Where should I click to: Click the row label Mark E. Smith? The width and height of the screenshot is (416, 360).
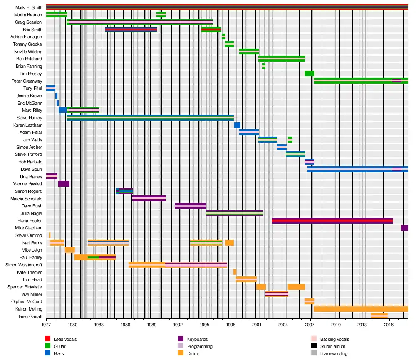coord(29,7)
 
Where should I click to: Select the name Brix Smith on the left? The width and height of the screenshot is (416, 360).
coord(32,30)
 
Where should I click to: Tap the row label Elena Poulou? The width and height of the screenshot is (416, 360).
coord(30,221)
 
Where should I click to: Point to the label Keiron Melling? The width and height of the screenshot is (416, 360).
coord(29,309)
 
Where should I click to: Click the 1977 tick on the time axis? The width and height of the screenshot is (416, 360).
coord(46,324)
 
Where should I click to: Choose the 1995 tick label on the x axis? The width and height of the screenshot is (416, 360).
coord(205,324)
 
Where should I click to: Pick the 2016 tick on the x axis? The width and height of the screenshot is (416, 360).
coord(389,324)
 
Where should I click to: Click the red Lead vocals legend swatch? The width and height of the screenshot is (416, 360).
coord(48,340)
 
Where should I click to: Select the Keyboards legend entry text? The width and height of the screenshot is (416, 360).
coord(197,340)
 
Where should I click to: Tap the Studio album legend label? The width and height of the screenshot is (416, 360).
coord(333,346)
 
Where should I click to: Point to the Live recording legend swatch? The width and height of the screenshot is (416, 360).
coord(314,353)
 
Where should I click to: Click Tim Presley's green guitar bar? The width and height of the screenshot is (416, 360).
coord(309,74)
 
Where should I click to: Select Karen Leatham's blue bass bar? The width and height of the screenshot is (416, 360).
coord(237,125)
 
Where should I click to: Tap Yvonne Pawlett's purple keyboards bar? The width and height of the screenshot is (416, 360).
coord(64,184)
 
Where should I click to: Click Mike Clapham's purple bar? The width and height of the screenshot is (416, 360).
coord(404,228)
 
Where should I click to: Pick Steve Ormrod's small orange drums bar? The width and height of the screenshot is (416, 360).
coord(50,235)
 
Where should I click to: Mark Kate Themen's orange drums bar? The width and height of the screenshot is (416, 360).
coord(235,272)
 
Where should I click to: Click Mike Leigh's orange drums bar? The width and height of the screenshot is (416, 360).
coord(69,250)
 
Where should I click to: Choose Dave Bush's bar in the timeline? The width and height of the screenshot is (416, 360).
coord(190,206)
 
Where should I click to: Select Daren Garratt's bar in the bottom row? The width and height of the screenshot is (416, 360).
coord(379,316)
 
